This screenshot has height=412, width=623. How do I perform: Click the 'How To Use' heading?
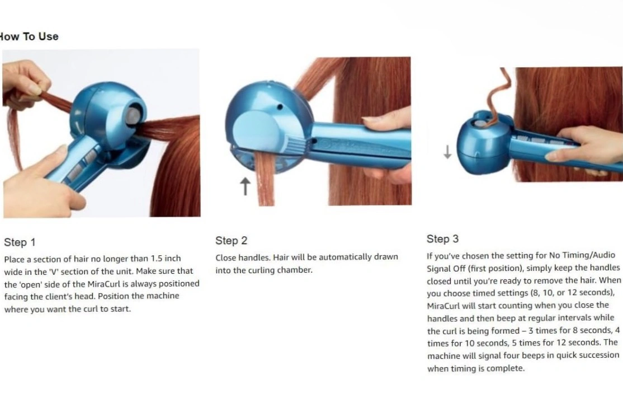[29, 36]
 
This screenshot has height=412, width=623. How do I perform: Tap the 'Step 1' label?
[20, 242]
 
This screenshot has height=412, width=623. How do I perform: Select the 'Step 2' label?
[231, 241]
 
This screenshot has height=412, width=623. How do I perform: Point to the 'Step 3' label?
[442, 238]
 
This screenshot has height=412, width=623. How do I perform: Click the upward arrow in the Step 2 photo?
[245, 186]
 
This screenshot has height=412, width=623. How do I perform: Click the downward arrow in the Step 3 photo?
[447, 152]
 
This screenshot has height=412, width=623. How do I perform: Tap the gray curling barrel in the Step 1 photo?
[133, 116]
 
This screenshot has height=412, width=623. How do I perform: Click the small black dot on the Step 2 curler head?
[280, 107]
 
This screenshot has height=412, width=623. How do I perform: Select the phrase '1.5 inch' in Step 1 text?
[166, 259]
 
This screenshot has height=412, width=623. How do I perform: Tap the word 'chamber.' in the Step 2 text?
[295, 270]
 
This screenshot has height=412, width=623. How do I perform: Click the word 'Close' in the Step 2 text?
[226, 257]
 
